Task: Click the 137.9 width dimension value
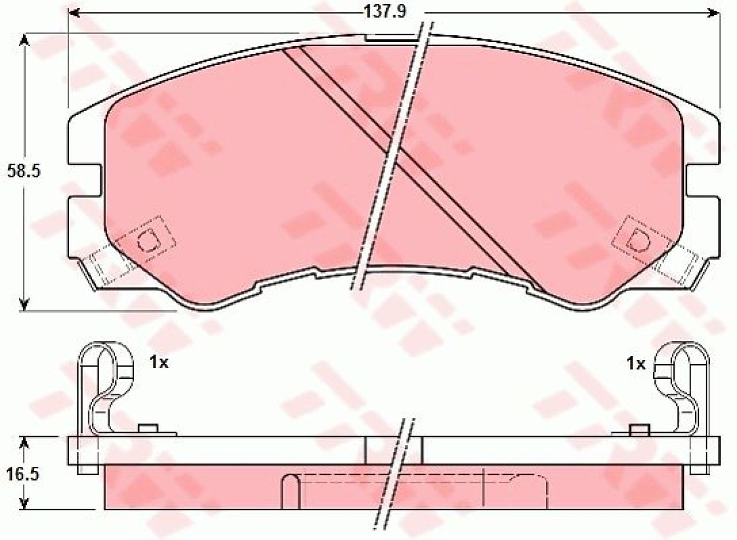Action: tap(385, 12)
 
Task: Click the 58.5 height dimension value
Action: tap(24, 171)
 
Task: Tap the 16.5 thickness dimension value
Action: tap(23, 474)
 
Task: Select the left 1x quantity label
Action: tap(159, 363)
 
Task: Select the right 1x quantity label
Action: tap(636, 364)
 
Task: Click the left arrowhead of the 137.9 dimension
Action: tap(74, 13)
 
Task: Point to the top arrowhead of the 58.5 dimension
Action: tap(24, 40)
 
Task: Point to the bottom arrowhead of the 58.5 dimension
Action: tap(24, 304)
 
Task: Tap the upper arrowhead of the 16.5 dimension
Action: tap(24, 443)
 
